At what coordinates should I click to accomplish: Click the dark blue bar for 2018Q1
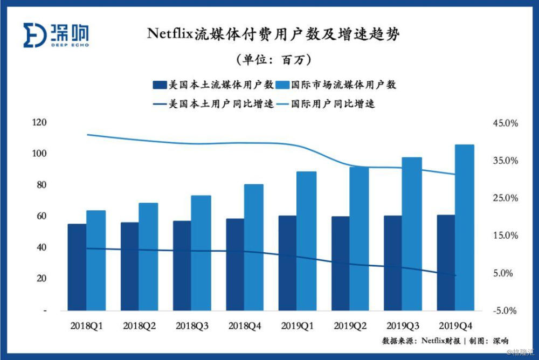tap(77, 267)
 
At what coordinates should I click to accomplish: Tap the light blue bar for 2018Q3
tap(201, 253)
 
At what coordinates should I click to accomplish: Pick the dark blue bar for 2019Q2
tap(340, 264)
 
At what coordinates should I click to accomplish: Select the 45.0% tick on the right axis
tap(505, 123)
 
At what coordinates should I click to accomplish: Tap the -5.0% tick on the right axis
tap(505, 311)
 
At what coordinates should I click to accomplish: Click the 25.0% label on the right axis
tap(505, 198)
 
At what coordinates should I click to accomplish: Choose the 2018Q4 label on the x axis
tap(245, 326)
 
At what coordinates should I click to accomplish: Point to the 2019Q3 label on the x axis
tap(404, 326)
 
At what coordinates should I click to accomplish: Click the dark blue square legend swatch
tap(160, 85)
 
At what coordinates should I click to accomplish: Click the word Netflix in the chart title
tap(172, 34)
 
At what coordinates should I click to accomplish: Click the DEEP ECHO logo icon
tap(33, 35)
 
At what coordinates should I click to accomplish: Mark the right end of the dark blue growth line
tap(456, 276)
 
